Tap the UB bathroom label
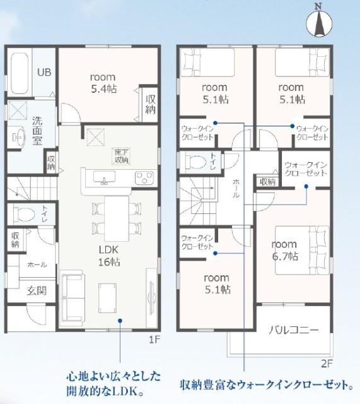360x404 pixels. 43,72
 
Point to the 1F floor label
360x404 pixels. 154,339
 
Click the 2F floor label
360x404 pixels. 325,362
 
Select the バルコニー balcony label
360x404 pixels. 294,329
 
